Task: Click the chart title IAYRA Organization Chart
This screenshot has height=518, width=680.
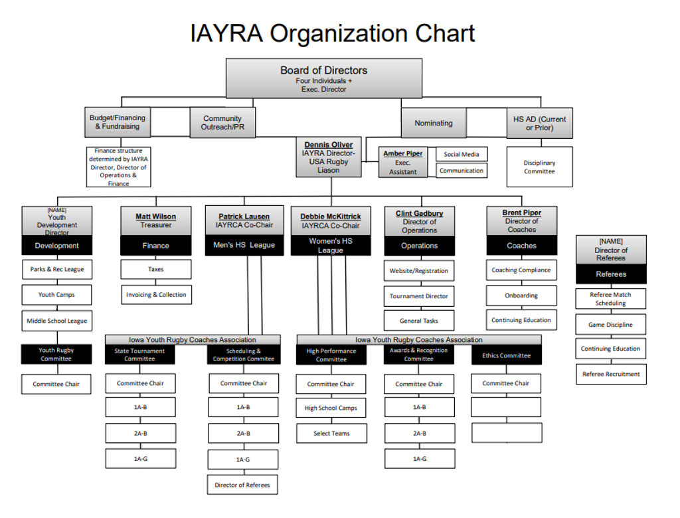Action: (x=333, y=33)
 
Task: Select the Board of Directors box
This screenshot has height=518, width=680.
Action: (x=323, y=78)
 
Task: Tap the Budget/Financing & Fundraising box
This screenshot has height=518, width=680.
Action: (x=117, y=122)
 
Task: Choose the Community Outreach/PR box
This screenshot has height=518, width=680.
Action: (x=222, y=123)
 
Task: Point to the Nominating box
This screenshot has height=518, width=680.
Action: (x=433, y=123)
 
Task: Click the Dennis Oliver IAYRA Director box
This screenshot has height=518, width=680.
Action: (x=329, y=157)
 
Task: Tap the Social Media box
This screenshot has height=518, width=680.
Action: (x=462, y=154)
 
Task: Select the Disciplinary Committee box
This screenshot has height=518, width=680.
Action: (x=539, y=167)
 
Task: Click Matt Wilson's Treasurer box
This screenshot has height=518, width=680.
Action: (x=156, y=220)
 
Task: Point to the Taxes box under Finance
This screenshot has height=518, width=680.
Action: (x=156, y=269)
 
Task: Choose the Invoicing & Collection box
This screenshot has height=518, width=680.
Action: (x=156, y=295)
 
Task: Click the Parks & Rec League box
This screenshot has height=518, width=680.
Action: (x=56, y=269)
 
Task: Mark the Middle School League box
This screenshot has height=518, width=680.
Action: (x=56, y=321)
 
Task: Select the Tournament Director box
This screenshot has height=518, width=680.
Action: (x=419, y=296)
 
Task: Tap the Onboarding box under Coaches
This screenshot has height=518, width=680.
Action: (x=521, y=296)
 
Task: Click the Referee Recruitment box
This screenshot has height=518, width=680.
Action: (x=611, y=374)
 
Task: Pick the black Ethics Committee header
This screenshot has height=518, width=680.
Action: (x=506, y=355)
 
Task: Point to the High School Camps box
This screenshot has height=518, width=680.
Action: (x=331, y=408)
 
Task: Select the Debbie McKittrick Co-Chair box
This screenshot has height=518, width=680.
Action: (x=331, y=220)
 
